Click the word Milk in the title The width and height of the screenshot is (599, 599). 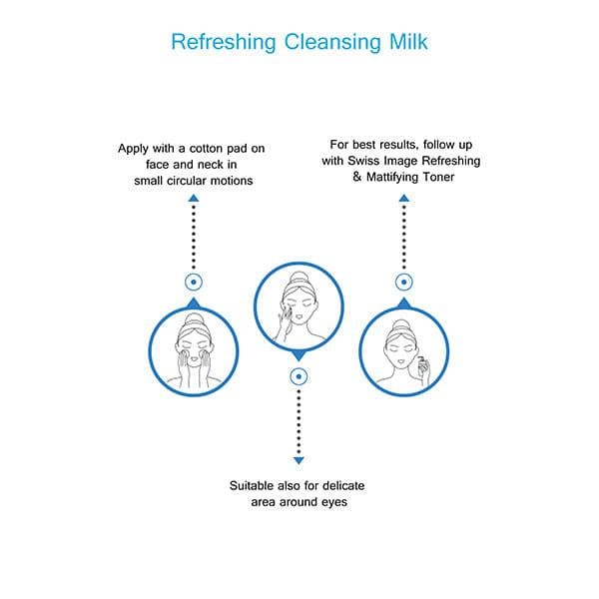pos(408,41)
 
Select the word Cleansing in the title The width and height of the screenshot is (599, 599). pos(332,42)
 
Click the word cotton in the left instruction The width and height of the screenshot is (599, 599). pos(207,148)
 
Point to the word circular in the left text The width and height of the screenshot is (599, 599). pos(187,181)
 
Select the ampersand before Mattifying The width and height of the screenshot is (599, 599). pos(357,177)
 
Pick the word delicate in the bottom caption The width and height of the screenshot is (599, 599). pos(343,485)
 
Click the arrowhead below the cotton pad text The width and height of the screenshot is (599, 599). pos(194,198)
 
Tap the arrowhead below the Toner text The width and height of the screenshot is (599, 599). pos(404,198)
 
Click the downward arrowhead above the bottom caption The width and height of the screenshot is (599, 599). pos(299,460)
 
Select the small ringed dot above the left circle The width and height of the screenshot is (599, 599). pos(194,283)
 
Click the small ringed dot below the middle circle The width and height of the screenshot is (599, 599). pos(299,376)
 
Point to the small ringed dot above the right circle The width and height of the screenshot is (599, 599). pos(404,283)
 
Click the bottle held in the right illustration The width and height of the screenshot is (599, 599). pos(422,364)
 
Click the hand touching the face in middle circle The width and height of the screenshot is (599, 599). pos(284,319)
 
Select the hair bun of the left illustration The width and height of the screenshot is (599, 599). pos(194,319)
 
